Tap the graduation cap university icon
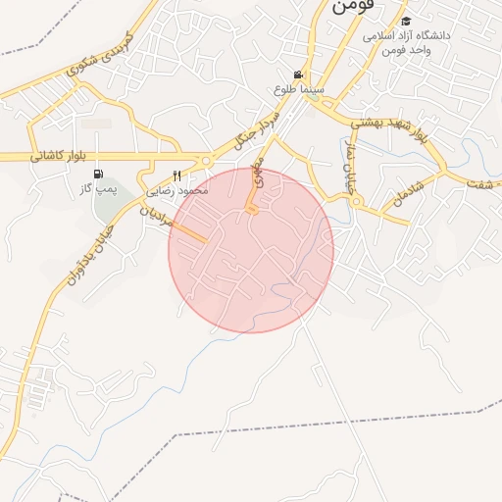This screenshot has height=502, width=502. pos(406,21)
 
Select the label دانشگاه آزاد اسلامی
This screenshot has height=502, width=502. pos(407,35)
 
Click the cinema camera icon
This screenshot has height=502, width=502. pos(298,75)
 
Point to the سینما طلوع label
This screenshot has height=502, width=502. pos(299,89)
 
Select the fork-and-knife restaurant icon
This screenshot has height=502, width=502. pos(177,175)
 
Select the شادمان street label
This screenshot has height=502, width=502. pos(410,191)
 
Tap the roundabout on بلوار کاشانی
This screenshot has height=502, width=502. pos(206,161)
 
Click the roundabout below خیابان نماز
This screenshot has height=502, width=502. pos(357,202)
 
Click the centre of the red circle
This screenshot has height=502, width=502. pos(251,250)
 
